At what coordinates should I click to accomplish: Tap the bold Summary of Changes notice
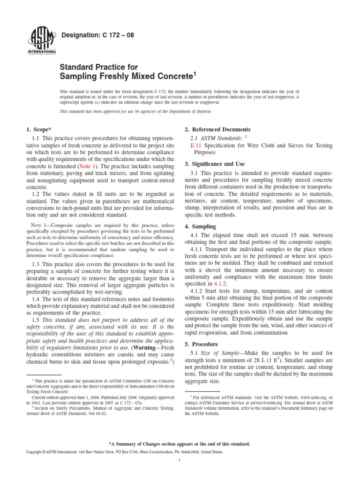(180, 443)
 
